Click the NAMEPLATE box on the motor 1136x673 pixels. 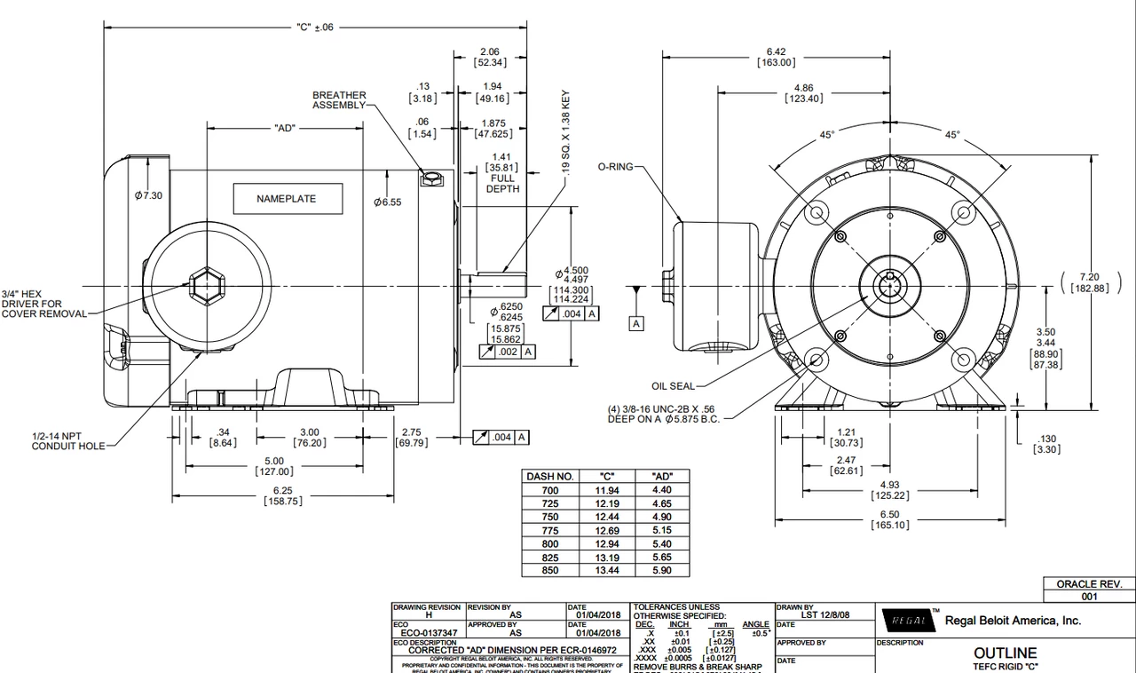(x=286, y=199)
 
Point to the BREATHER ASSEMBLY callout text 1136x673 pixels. (x=338, y=100)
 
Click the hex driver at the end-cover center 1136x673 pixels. (x=206, y=286)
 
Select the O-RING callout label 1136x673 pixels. (x=614, y=166)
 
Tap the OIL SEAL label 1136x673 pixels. (x=673, y=385)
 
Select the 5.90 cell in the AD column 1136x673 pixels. (x=661, y=570)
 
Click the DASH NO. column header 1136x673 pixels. (x=550, y=477)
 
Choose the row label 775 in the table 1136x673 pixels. (x=550, y=530)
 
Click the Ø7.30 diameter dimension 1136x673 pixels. (x=148, y=195)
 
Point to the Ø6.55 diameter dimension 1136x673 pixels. (x=387, y=202)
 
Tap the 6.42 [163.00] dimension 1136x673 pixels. (x=776, y=57)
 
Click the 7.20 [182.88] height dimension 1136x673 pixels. (x=1089, y=282)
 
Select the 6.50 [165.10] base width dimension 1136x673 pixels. (x=889, y=519)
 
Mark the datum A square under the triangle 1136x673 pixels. (x=636, y=324)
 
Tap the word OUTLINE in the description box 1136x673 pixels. (x=1005, y=653)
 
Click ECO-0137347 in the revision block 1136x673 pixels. (x=430, y=633)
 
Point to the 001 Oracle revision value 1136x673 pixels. (x=1089, y=597)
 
